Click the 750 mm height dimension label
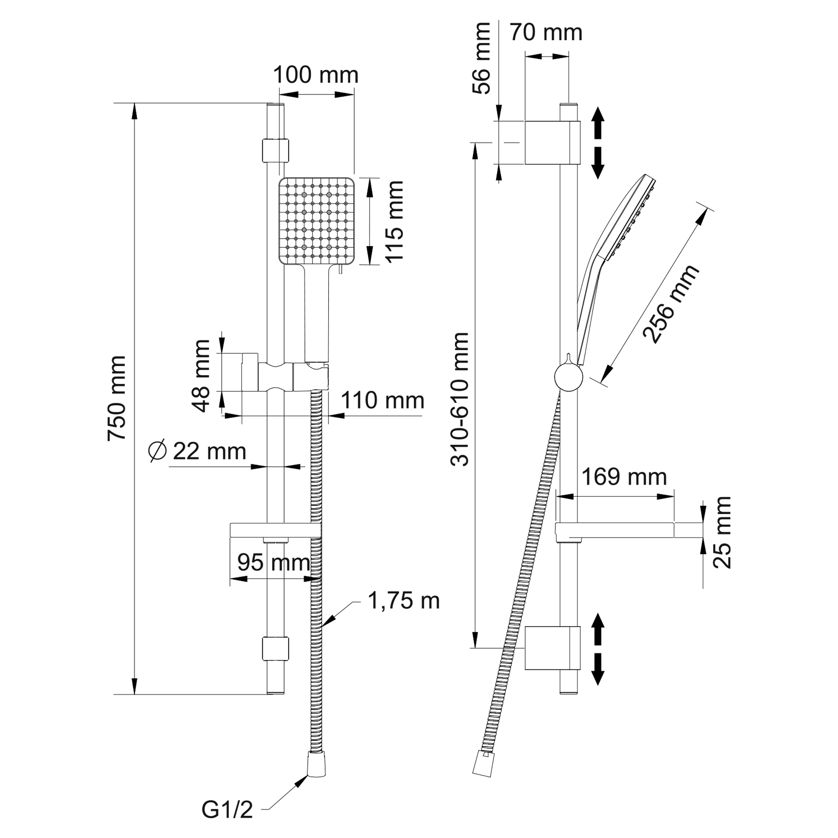(x=117, y=398)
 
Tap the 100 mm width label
(x=316, y=76)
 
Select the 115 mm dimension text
(x=395, y=222)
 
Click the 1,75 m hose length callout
(x=403, y=601)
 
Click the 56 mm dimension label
(x=481, y=59)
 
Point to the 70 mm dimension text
(x=546, y=33)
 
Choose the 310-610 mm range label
(x=460, y=399)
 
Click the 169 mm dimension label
(x=624, y=477)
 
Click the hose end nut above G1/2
(x=316, y=770)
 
